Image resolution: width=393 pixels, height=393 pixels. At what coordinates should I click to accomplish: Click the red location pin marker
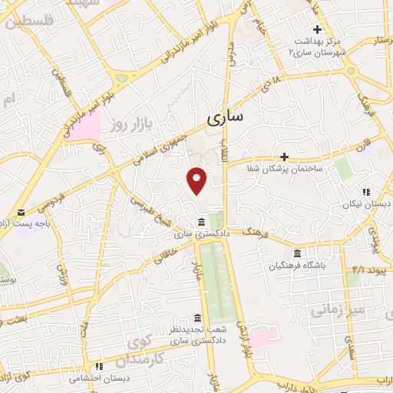(198, 180)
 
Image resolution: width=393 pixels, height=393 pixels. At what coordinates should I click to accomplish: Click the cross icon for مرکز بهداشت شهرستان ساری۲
(318, 29)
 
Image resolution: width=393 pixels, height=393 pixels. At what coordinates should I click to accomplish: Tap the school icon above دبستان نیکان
(367, 192)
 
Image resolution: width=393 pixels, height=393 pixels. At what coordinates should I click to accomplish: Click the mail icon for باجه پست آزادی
(21, 212)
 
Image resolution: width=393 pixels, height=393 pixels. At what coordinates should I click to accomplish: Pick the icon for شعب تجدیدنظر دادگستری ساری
(198, 319)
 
